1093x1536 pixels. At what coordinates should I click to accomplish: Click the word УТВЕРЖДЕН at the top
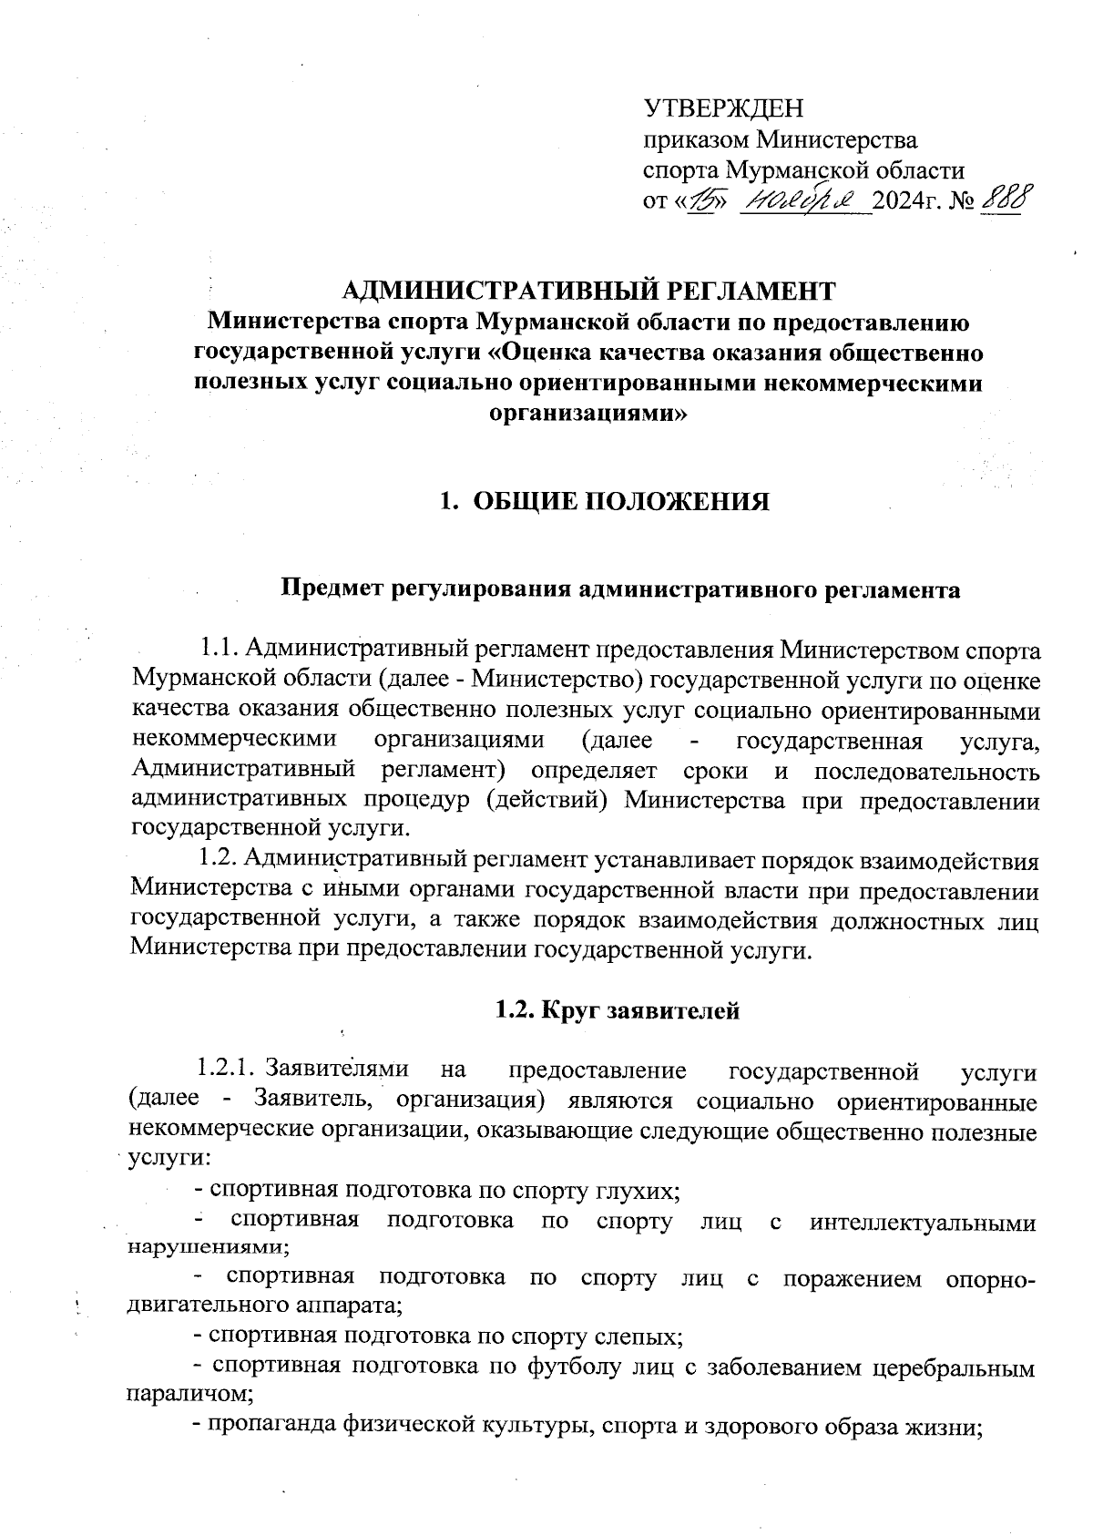(x=723, y=109)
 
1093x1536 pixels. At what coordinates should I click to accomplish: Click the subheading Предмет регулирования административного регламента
(x=619, y=589)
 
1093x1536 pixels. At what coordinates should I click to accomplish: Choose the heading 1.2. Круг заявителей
(x=617, y=1010)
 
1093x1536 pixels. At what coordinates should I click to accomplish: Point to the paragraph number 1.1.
(x=218, y=649)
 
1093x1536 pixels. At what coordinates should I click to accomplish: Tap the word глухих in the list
(x=638, y=1190)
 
